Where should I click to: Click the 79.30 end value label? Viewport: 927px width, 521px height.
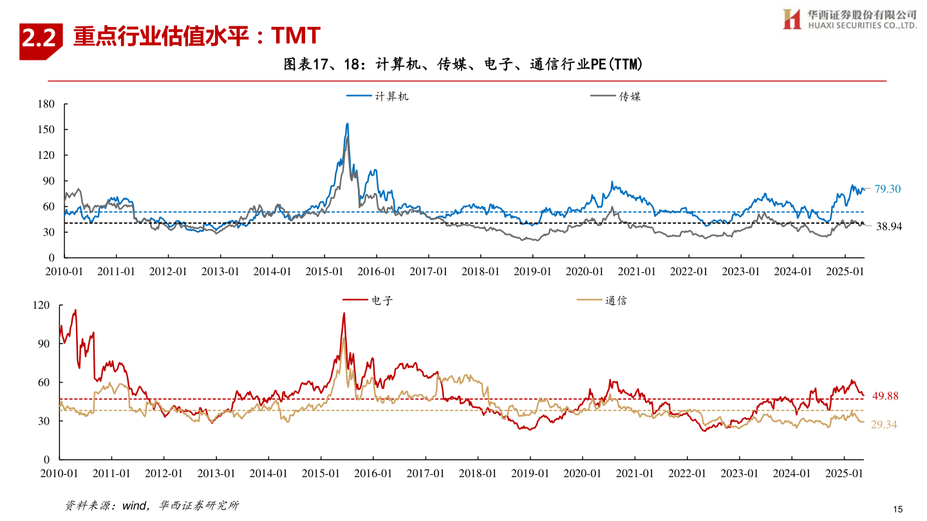(x=887, y=189)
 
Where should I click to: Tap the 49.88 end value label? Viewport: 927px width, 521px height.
(x=885, y=396)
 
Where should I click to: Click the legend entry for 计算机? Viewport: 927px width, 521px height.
(x=377, y=96)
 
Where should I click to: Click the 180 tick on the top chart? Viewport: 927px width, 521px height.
(x=47, y=104)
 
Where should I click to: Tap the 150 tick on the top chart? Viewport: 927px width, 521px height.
(x=47, y=129)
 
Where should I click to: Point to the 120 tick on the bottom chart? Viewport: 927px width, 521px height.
(x=41, y=306)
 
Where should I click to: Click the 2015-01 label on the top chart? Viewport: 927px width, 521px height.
(x=324, y=271)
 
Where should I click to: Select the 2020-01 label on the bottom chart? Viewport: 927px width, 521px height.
(x=583, y=473)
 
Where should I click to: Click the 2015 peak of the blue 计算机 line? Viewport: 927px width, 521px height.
(x=348, y=123)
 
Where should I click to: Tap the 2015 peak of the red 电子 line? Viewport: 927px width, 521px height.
(x=344, y=313)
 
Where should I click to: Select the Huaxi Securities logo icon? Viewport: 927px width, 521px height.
(x=791, y=19)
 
